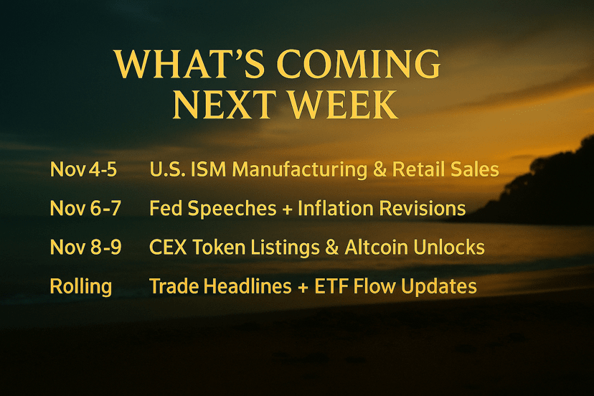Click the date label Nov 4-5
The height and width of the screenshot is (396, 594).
point(83,169)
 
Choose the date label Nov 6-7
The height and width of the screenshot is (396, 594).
point(85,208)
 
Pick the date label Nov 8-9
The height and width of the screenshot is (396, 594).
point(85,247)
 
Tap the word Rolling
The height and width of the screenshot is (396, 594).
point(81,287)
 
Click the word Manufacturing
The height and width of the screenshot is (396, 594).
point(300,170)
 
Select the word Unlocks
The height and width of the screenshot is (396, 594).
point(449,247)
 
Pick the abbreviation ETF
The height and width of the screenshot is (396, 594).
point(331,286)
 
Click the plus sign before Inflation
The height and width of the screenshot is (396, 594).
point(287,209)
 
